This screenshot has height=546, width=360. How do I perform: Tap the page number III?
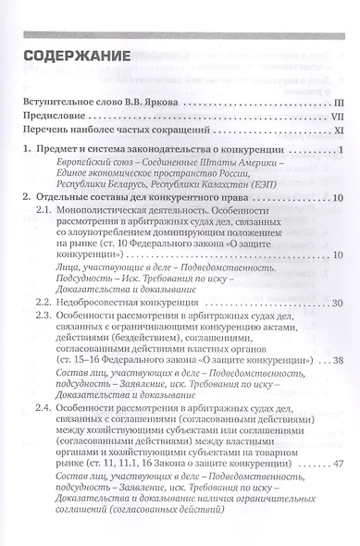pos(339,94)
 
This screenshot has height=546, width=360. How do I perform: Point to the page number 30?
pos(337,302)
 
